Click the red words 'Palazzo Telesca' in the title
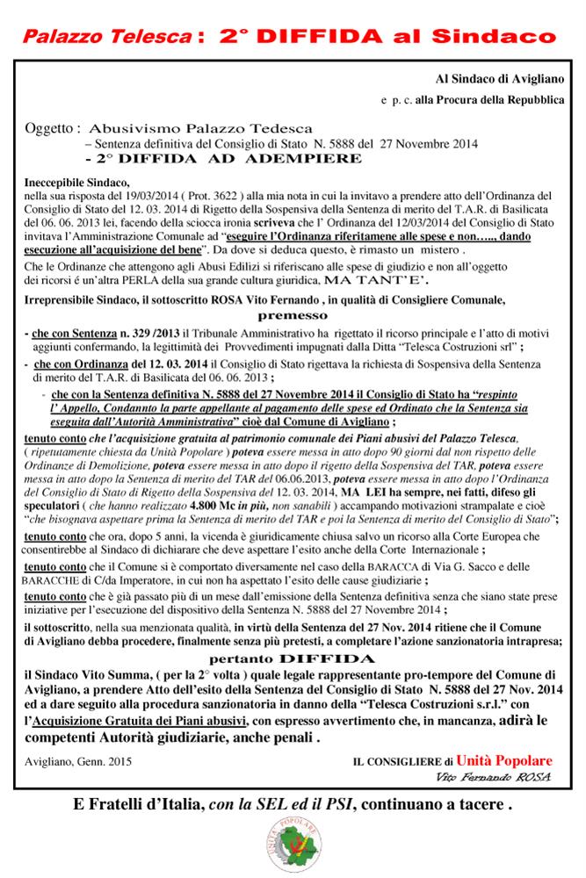pos(105,37)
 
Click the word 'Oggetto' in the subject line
pos(53,126)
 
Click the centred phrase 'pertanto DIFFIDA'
pos(293,657)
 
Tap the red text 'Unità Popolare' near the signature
pos(503,759)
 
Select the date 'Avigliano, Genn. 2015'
pos(78,761)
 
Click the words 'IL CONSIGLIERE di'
pos(401,761)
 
